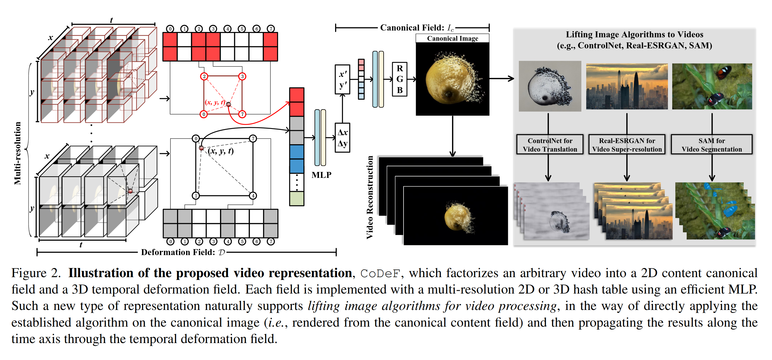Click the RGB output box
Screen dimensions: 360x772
[x=400, y=79]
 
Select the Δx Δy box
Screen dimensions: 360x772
[x=342, y=138]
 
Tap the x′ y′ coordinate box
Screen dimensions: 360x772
[x=342, y=79]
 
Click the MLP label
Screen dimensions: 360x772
[x=321, y=175]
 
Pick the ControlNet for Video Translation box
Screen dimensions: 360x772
[x=550, y=145]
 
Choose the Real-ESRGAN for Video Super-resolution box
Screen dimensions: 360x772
[x=627, y=145]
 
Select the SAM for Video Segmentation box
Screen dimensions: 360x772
[x=711, y=145]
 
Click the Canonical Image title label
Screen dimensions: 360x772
[x=452, y=38]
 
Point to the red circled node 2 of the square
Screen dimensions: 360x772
[x=204, y=76]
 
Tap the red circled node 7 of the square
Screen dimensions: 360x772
[x=242, y=114]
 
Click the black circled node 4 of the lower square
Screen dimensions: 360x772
[x=253, y=196]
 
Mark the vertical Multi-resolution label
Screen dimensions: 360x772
[x=18, y=153]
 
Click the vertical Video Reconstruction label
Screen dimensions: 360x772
[x=370, y=197]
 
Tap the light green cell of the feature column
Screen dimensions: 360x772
[x=296, y=199]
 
